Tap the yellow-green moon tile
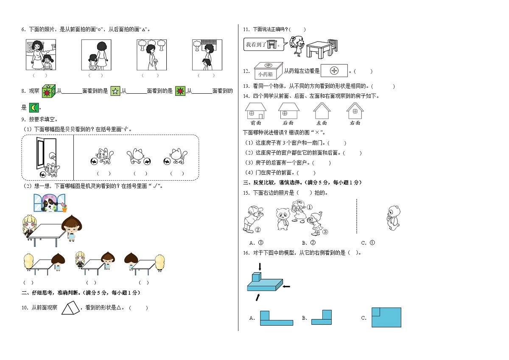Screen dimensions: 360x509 pos(34,107)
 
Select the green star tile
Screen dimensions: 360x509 pos(115,91)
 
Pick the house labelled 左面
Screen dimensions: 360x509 pos(322,112)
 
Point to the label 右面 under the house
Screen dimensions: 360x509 pos(355,123)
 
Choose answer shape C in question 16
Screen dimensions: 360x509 pos(386,317)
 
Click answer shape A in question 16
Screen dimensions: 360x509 pos(276,318)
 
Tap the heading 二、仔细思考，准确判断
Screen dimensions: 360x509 pos(81,293)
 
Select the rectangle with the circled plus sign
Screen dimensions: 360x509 pos(334,71)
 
